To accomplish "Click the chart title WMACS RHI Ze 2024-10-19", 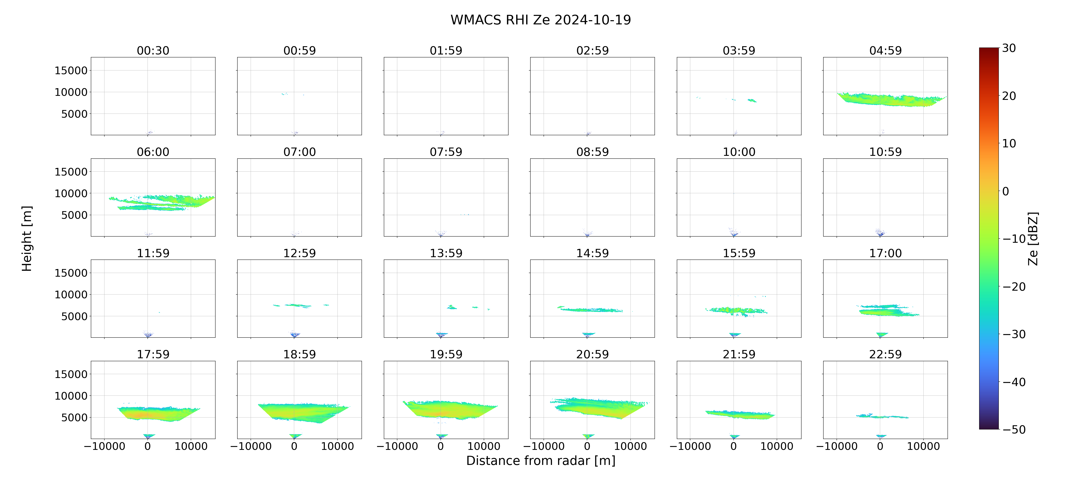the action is point(541,20).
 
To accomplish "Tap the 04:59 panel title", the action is point(885,51).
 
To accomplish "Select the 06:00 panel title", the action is point(153,152).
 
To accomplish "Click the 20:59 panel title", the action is point(592,354).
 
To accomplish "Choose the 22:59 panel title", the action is point(885,354).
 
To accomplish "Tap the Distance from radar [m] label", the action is point(541,461).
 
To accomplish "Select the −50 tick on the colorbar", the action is point(1014,430).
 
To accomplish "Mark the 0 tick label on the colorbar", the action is point(1006,191).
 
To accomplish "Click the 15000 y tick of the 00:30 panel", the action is point(71,71).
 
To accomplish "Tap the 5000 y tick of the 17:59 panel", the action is point(74,417).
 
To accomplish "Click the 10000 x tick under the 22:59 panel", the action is point(923,446).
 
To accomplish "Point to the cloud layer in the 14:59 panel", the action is point(590,310).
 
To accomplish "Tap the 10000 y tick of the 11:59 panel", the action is point(71,295).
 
